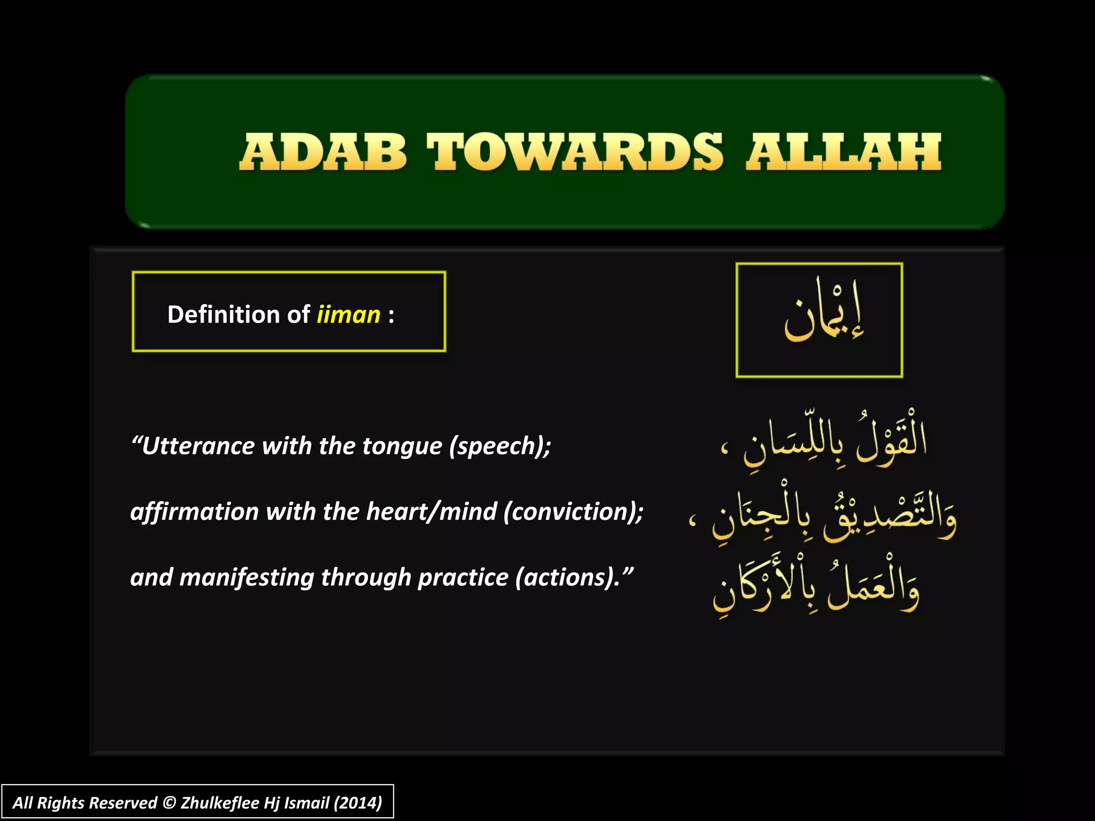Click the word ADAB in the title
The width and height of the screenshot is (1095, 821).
click(x=323, y=152)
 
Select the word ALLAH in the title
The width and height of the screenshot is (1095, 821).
click(x=844, y=152)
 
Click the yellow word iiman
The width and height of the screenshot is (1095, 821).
click(x=348, y=314)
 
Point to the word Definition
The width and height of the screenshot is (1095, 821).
click(x=224, y=314)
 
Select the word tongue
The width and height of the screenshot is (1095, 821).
click(x=402, y=446)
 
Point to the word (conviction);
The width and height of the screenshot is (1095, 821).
click(x=573, y=512)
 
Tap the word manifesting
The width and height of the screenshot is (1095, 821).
click(x=246, y=577)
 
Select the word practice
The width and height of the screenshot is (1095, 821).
click(x=462, y=577)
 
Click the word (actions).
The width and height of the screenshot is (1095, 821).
click(x=568, y=577)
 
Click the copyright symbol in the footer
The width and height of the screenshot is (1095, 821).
click(x=169, y=803)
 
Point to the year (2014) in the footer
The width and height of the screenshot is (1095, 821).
click(x=358, y=803)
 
